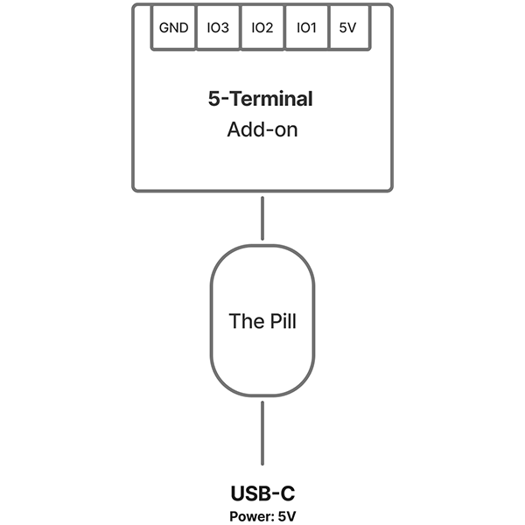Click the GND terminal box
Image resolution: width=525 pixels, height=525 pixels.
pos(173,28)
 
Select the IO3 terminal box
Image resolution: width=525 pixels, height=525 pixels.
pos(217,28)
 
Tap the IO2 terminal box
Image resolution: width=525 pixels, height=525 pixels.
pos(262,28)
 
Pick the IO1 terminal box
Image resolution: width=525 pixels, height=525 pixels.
pos(306,28)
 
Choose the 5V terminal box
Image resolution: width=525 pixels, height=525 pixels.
pos(347,28)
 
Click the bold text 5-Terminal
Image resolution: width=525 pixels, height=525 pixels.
pos(261,99)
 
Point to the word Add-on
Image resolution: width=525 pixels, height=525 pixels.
pos(262,130)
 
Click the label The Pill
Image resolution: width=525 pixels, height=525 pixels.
pos(262,321)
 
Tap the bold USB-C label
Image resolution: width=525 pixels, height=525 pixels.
pos(262,493)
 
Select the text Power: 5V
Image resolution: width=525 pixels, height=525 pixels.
pos(262,515)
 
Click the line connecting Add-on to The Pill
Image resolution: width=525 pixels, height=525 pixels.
pos(262,217)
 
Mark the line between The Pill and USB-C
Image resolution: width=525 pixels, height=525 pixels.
pos(262,437)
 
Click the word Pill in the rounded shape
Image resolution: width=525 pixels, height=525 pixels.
pos(280,321)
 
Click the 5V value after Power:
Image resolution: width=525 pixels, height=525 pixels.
pos(287,515)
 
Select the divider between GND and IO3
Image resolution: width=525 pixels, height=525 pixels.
pos(196,28)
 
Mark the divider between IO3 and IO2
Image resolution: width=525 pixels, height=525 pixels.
pos(240,28)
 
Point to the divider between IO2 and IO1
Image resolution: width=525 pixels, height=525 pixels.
pos(284,28)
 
